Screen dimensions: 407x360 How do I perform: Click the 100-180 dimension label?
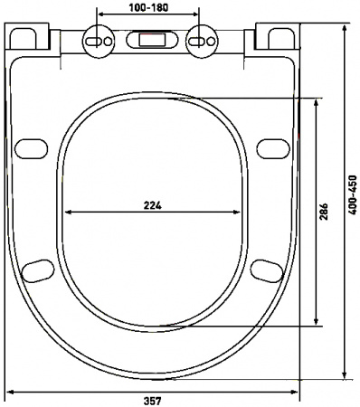coord(148,7)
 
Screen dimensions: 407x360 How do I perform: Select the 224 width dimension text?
coord(153,205)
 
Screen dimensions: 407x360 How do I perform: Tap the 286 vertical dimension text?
coord(324,212)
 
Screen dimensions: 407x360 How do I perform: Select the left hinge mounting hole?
coord(97,41)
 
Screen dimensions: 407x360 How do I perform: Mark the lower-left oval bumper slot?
coord(38,269)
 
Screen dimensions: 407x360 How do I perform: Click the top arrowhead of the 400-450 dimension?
coord(345,29)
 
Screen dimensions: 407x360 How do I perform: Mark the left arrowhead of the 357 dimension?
coord(9,391)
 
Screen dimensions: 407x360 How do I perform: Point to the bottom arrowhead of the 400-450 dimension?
coord(345,375)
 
